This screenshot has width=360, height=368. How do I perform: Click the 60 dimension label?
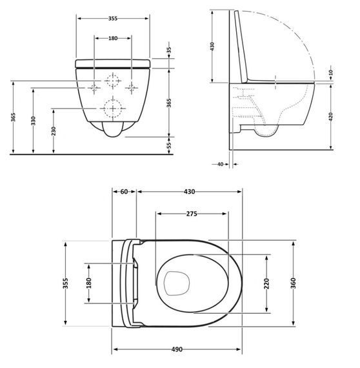tap(125, 192)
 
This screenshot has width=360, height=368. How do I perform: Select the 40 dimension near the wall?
tap(219, 165)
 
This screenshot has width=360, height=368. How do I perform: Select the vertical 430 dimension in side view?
tap(212, 46)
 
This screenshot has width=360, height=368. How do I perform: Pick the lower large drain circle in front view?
tap(114, 108)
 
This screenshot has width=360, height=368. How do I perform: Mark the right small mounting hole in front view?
tap(132, 86)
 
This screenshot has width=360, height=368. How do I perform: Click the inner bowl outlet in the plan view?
tap(175, 281)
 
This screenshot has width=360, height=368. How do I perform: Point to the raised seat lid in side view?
tap(242, 45)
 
